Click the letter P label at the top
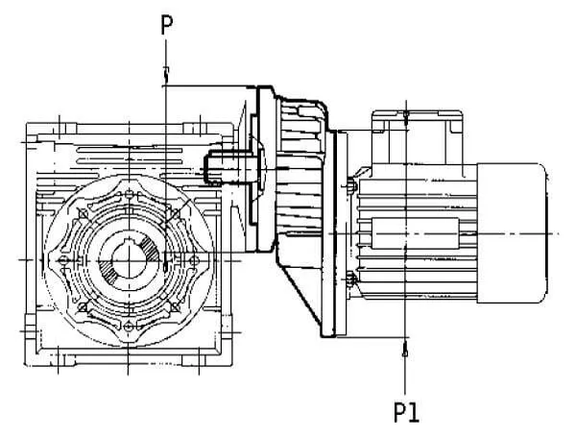[x=166, y=25]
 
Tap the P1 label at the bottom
[x=406, y=412]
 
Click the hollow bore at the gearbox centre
[x=129, y=260]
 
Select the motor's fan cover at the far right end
[x=512, y=233]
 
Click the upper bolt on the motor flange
[x=351, y=184]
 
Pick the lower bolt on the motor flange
[x=351, y=279]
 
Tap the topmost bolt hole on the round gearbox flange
[x=129, y=194]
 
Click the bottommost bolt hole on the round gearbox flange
[x=129, y=326]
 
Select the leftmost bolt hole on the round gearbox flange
[x=63, y=260]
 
